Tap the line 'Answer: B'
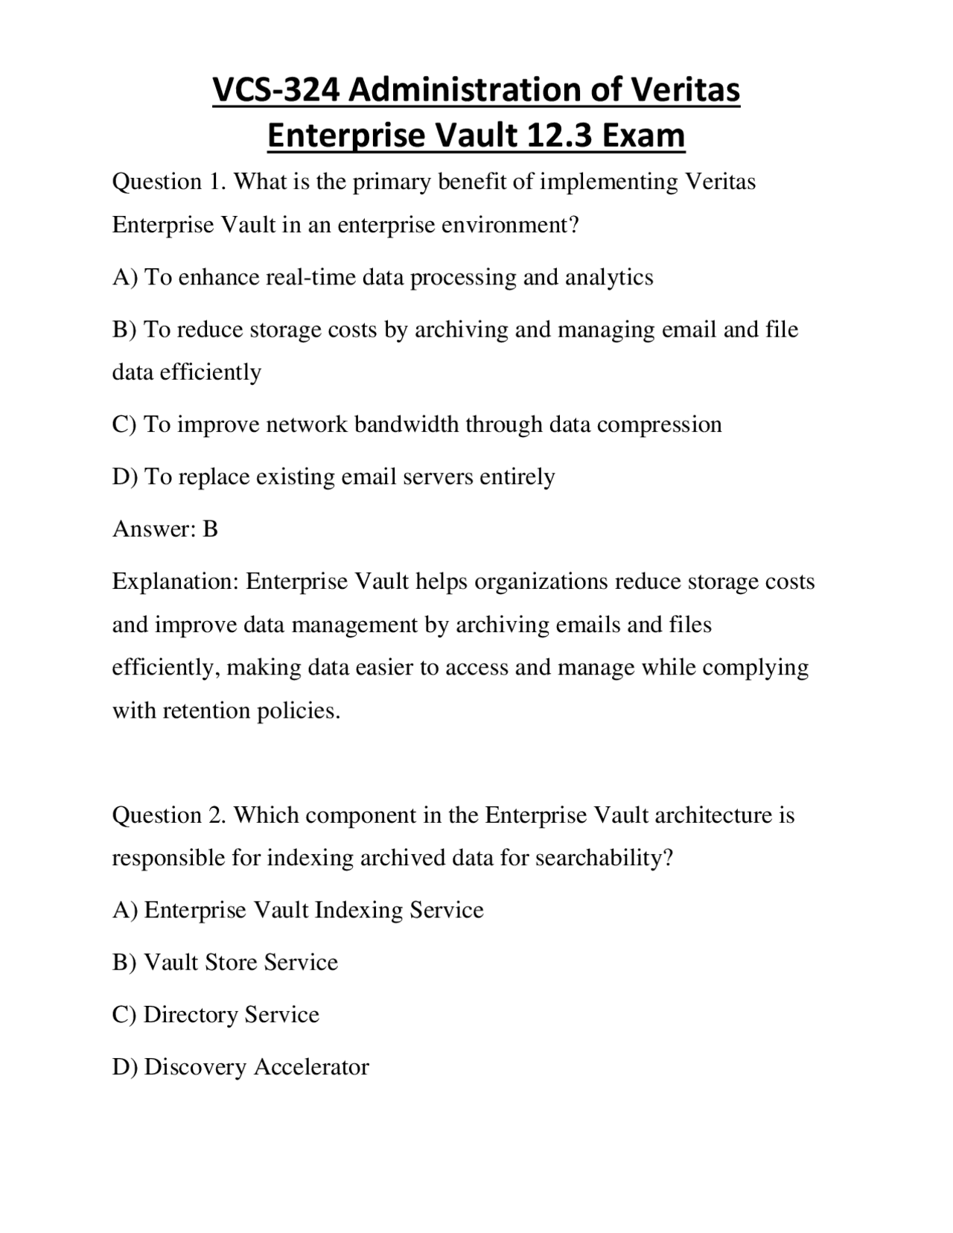[165, 529]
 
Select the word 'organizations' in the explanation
[541, 582]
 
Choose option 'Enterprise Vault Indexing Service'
[313, 911]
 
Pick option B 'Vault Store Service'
[240, 963]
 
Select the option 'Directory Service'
[231, 1015]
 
